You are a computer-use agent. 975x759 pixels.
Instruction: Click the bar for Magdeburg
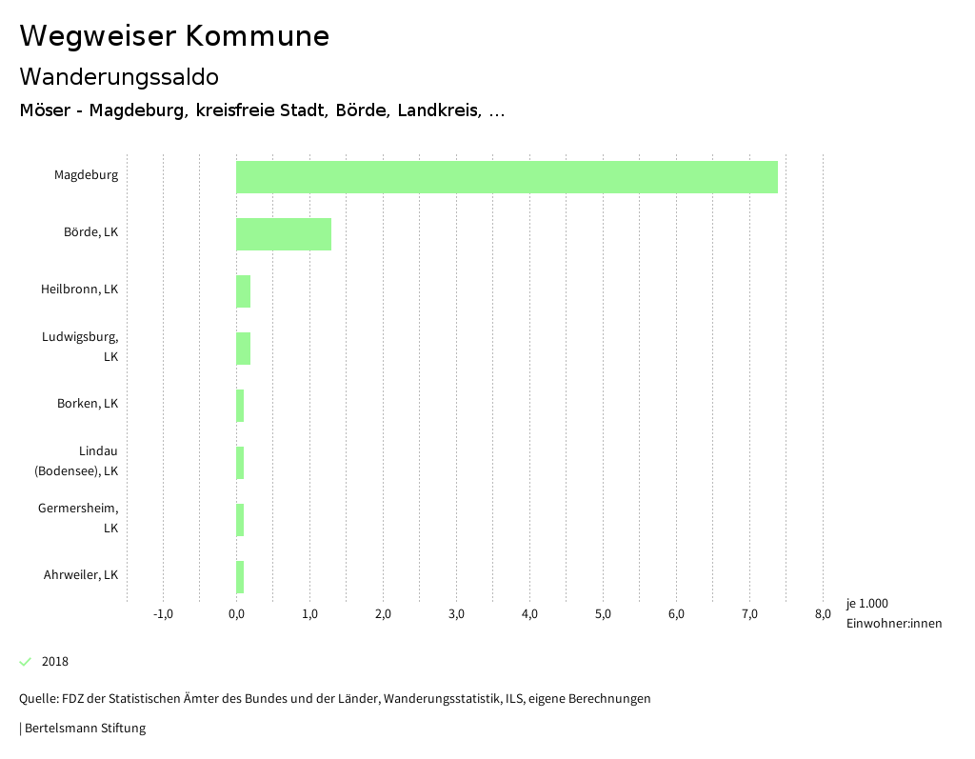coord(507,177)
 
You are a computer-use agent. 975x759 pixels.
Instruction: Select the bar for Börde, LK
coord(284,234)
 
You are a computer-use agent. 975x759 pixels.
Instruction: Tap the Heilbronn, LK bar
coord(244,291)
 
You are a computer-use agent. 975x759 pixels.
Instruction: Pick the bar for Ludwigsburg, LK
coord(244,349)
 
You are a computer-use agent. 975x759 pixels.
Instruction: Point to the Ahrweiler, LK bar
coord(240,577)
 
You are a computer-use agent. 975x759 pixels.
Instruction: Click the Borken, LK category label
coord(88,404)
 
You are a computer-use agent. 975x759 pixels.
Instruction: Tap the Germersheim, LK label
coord(78,518)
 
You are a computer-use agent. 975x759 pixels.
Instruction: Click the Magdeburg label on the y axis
coord(86,175)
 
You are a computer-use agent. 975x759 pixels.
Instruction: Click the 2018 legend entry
coord(54,662)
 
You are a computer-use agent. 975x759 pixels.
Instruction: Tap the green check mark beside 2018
coord(26,662)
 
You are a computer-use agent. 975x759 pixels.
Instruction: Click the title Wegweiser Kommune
coord(174,35)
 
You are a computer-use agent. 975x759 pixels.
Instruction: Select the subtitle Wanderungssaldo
coord(119,76)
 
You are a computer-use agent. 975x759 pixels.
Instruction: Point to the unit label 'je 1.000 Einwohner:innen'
coord(893,613)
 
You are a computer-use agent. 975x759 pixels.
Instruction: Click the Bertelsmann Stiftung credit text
coord(84,729)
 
